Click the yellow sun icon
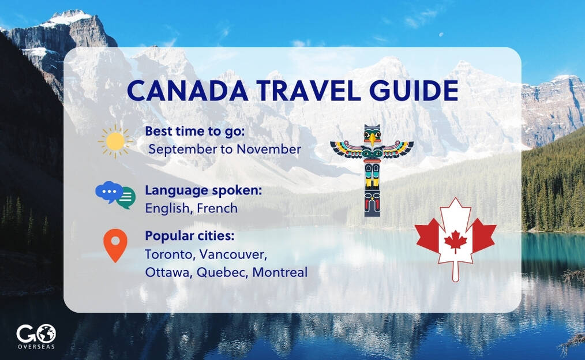(x=115, y=141)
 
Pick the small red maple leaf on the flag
(x=456, y=242)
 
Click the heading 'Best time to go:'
(x=195, y=131)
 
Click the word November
(x=269, y=149)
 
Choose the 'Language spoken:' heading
(x=203, y=190)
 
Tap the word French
(x=217, y=208)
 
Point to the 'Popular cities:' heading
(x=190, y=236)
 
